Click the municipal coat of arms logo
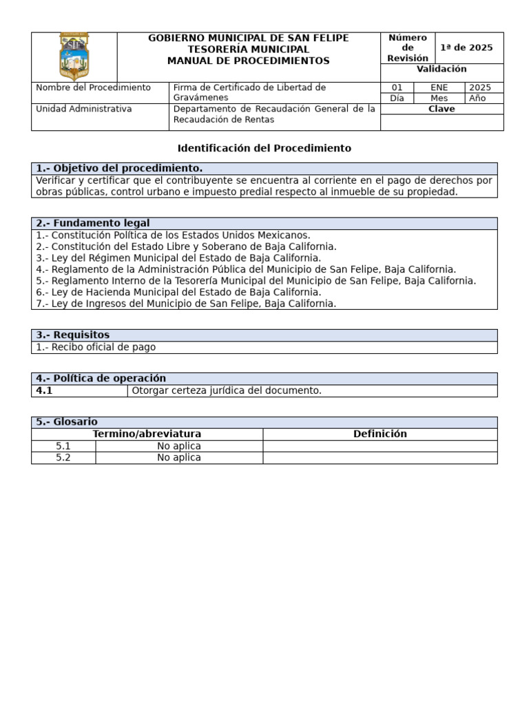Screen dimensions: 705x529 74,56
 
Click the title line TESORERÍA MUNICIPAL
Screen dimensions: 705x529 249,50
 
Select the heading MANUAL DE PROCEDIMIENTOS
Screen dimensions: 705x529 249,61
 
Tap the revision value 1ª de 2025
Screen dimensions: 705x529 466,48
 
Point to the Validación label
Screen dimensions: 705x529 442,69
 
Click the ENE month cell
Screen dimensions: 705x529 439,87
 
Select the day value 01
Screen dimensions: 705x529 397,87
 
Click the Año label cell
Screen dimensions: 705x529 477,98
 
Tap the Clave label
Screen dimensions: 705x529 442,109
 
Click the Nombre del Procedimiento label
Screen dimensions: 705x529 93,87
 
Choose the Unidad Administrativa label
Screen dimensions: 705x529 83,109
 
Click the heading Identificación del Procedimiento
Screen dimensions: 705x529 264,148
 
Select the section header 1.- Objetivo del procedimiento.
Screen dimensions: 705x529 119,169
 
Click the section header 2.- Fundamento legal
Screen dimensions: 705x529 93,223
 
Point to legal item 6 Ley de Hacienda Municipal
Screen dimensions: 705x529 178,292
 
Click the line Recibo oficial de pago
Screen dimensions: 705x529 96,347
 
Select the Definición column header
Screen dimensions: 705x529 380,434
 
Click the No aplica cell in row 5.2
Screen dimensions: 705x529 179,457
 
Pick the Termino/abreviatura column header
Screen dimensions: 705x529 147,434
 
